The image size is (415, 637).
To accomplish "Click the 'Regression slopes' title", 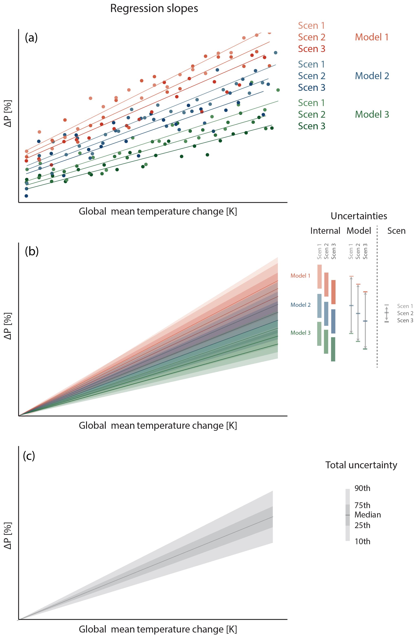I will tap(154, 9).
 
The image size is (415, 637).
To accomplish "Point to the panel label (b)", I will tap(32, 251).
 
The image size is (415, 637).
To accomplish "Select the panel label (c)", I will tap(29, 455).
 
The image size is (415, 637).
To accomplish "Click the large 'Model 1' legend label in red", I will tap(371, 37).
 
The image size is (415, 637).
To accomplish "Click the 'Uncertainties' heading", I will tap(359, 216).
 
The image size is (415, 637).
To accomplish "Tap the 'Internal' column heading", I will tap(325, 231).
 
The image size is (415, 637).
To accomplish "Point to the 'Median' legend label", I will tap(367, 515).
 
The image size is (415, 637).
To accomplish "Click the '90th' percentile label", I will tap(362, 488).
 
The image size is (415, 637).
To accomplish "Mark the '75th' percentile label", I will tap(362, 505).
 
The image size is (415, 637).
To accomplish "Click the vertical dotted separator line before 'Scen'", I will tap(377, 294).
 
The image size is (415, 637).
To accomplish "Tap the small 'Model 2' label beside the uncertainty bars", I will tap(300, 305).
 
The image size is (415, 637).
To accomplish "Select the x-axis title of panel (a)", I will tap(158, 212).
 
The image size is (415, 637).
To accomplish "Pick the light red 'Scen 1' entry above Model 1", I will tap(311, 26).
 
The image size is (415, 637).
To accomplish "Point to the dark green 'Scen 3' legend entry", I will tap(312, 126).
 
